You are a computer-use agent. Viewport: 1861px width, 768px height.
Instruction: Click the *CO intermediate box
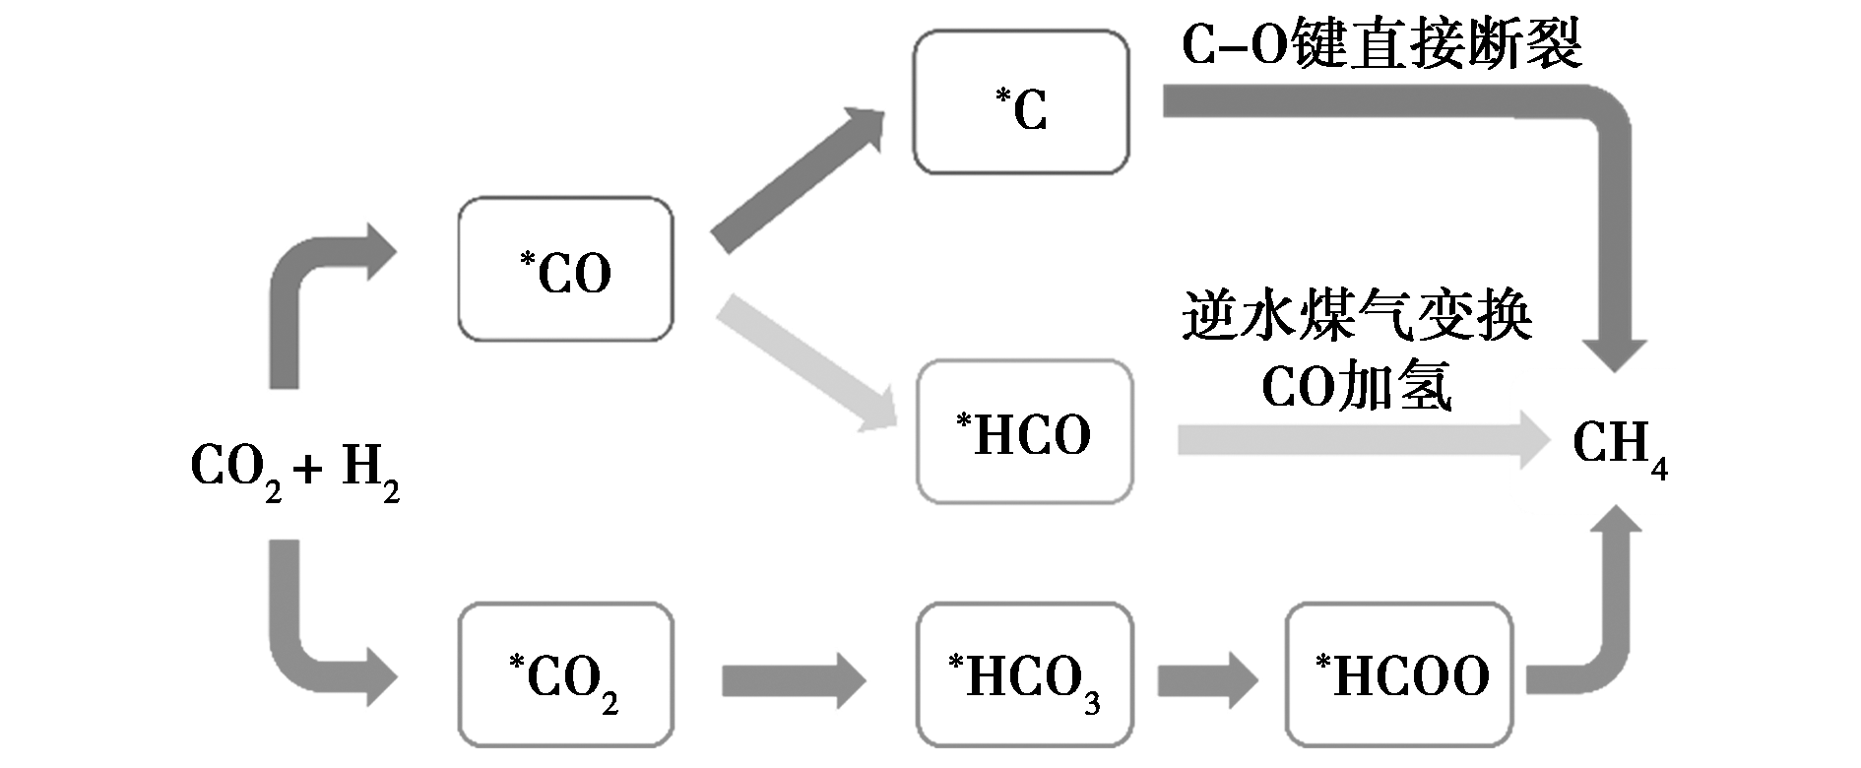(565, 269)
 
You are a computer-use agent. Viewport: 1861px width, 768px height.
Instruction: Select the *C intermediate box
(1020, 102)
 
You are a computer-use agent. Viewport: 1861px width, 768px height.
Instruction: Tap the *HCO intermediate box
(1024, 432)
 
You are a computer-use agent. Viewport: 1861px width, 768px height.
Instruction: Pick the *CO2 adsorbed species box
(565, 675)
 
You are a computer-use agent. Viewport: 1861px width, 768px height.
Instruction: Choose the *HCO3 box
(1024, 675)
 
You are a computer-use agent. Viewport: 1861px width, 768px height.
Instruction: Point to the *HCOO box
(1399, 675)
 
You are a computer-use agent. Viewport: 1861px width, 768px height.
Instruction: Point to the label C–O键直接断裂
(1380, 44)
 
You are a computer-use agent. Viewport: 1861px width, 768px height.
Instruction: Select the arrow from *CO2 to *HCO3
(794, 679)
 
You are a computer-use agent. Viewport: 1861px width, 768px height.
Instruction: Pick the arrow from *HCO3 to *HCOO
(1207, 679)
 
